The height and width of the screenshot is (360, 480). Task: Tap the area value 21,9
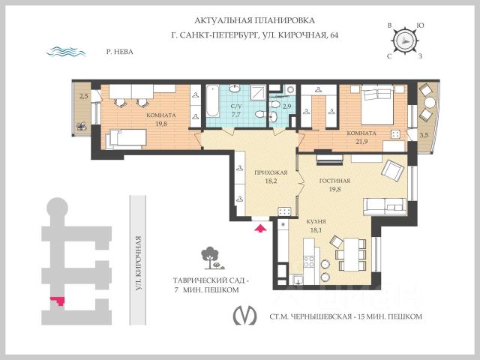pyautogui.click(x=364, y=142)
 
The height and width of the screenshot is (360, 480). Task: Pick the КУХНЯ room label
pyautogui.click(x=315, y=221)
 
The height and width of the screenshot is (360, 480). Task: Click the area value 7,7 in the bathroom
pyautogui.click(x=235, y=115)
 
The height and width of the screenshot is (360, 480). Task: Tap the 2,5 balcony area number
pyautogui.click(x=85, y=96)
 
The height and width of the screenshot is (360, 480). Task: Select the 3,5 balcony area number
pyautogui.click(x=424, y=135)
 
